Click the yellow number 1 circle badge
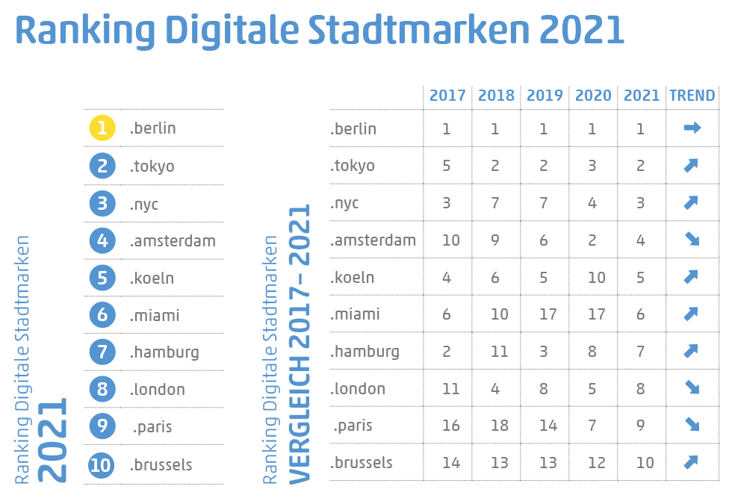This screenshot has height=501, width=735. [x=102, y=128]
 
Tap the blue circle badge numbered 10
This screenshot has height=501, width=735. [x=102, y=465]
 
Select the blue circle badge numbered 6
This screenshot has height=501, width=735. [x=102, y=315]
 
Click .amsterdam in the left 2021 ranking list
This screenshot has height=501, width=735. [x=173, y=240]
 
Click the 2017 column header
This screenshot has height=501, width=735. [x=447, y=96]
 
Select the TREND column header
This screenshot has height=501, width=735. [x=692, y=96]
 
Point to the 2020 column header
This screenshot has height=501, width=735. [x=593, y=96]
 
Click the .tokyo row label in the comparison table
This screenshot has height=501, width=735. [x=353, y=166]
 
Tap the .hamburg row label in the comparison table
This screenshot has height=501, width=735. [x=365, y=352]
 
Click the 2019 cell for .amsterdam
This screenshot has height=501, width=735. [x=545, y=240]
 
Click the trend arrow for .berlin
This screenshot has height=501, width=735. [x=692, y=128]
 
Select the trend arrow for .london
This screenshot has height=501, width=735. [x=692, y=388]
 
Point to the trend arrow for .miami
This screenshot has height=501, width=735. [x=692, y=314]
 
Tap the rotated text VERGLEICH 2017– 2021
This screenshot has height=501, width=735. [x=300, y=344]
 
